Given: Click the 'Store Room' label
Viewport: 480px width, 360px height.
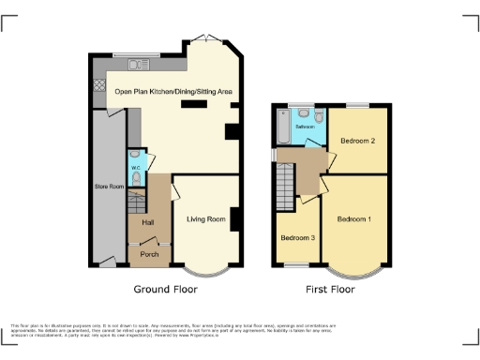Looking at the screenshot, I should point(110,187).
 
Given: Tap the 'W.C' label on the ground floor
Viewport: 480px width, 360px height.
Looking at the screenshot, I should point(136,169).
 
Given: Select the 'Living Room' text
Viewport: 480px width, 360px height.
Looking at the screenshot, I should point(206,219).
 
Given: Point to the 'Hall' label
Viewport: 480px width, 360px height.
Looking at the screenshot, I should point(147,222).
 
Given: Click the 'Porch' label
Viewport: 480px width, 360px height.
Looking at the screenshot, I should point(149,254).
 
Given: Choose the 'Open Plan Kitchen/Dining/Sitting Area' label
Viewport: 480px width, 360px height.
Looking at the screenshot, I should point(173,92).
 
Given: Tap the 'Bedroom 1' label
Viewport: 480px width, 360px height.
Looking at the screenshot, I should point(354,219).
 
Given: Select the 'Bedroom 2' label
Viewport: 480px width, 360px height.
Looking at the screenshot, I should point(358,141).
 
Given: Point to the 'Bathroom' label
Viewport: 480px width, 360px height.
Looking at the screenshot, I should point(305,125).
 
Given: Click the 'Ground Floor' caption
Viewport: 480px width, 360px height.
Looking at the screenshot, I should point(165,290).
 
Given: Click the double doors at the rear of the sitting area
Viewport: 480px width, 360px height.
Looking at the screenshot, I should point(205,38).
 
